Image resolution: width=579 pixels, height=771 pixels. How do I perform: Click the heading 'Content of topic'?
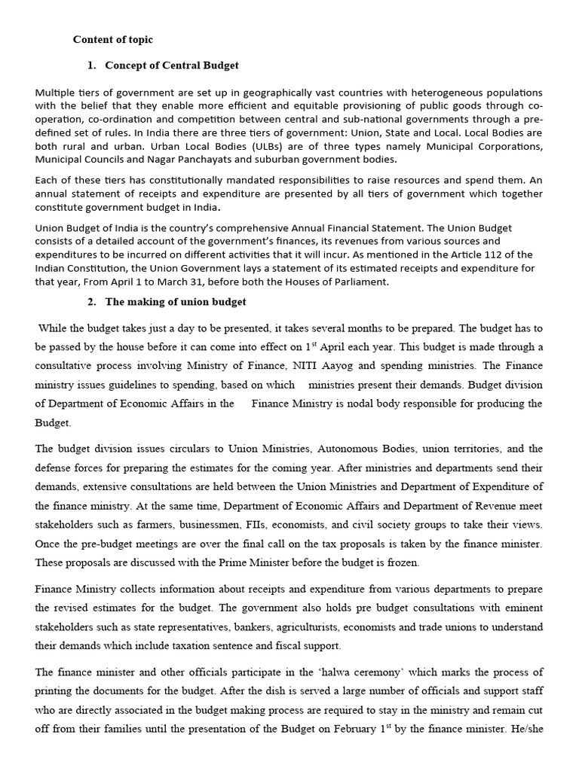(112, 39)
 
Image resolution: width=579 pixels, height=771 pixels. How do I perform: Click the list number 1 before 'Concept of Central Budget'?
(91, 66)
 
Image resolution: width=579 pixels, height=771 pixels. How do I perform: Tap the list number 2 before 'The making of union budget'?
(91, 302)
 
